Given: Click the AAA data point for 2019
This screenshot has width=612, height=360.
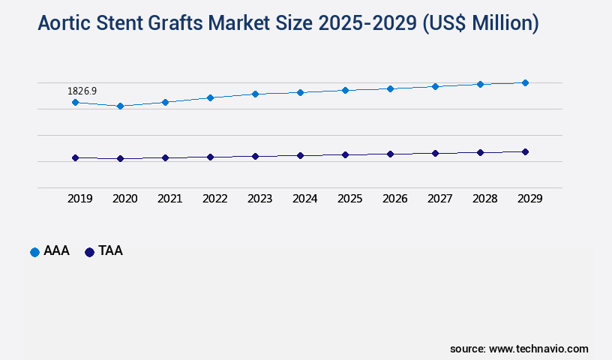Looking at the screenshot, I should (x=75, y=102).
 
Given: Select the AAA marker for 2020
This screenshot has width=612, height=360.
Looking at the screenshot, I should (x=120, y=106).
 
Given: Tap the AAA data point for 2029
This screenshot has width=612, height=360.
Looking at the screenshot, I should (x=525, y=82).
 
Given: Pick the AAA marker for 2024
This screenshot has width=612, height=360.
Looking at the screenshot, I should (x=300, y=92).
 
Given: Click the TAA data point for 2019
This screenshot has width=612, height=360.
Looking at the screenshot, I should (x=75, y=157).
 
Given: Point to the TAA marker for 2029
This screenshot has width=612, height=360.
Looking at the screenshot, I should (x=525, y=151).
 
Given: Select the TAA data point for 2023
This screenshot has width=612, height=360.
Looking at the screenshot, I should (x=255, y=156).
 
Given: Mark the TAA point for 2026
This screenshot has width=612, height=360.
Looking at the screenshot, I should (x=390, y=154).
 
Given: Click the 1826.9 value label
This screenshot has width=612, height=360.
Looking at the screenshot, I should (x=82, y=91).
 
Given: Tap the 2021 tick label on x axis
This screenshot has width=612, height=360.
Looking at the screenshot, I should (x=169, y=199).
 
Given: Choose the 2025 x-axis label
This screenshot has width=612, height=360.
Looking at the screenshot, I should (x=349, y=199).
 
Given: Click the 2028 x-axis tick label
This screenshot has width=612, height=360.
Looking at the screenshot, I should (x=484, y=199).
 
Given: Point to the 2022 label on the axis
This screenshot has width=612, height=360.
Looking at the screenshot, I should (x=214, y=199).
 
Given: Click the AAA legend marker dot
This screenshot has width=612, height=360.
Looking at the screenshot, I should (x=34, y=252).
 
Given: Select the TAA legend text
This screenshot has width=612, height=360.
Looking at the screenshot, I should (x=110, y=251).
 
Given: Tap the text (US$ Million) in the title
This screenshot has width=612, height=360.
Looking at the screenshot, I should (x=481, y=24).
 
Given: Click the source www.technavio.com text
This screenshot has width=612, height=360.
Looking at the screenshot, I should (x=519, y=349).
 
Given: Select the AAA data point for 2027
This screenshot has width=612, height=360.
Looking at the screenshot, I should (x=435, y=86).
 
